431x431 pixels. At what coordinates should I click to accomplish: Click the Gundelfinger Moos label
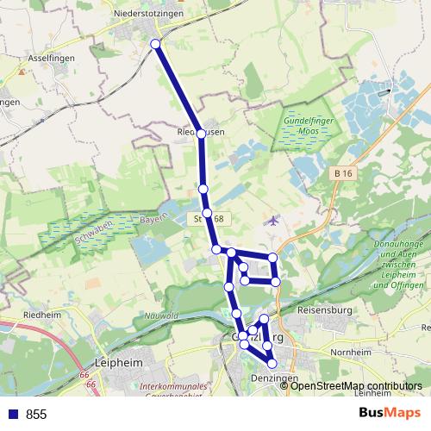[x=308, y=128]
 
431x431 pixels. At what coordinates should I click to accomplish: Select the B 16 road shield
[x=343, y=174]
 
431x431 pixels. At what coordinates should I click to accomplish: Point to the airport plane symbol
[x=274, y=221]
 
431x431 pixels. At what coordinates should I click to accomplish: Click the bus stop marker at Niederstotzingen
[x=156, y=44]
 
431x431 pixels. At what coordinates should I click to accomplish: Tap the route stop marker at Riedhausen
[x=201, y=134]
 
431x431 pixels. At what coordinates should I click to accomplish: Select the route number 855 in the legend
[x=36, y=415]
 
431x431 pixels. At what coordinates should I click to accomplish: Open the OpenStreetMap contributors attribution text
[x=356, y=385]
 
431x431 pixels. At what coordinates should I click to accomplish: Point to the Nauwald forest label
[x=163, y=315]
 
